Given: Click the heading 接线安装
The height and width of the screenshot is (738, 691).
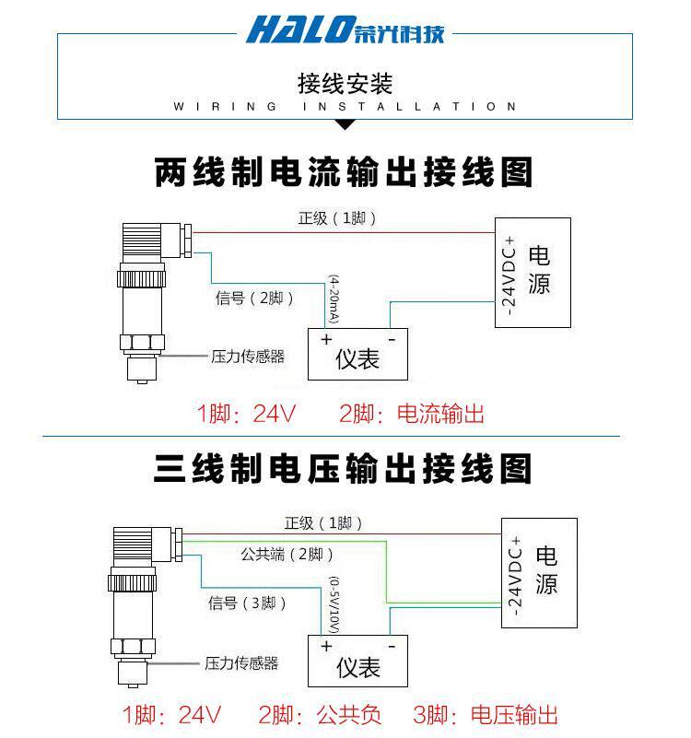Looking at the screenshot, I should (345, 84).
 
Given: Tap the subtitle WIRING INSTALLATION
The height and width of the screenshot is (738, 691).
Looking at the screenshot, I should (345, 107).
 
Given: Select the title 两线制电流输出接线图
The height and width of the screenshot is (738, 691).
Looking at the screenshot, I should (343, 172).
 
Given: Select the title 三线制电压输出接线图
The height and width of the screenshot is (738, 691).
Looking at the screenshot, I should (343, 469).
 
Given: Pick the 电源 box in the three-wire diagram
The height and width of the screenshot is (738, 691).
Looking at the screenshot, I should (540, 572).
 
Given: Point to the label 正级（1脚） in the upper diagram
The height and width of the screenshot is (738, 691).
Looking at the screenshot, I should (337, 218).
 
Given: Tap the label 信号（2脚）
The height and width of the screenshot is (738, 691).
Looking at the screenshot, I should (255, 299).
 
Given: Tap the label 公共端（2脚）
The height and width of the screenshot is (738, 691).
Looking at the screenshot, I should (287, 555).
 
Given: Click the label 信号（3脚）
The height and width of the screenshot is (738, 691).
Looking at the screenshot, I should (248, 603).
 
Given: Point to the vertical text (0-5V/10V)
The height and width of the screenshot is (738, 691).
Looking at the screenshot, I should (333, 603).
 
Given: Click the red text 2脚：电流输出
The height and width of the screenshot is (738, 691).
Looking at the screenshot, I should (411, 415).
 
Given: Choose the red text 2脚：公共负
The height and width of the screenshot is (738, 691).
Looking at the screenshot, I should (320, 715).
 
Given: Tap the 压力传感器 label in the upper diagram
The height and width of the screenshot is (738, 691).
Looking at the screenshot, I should (248, 357).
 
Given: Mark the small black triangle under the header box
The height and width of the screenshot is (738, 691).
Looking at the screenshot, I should (345, 125).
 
